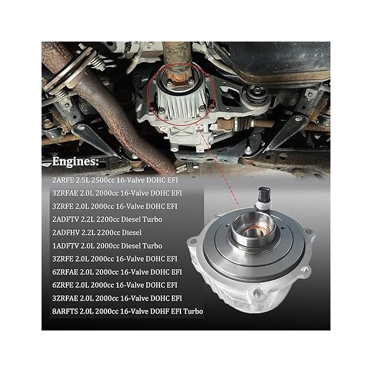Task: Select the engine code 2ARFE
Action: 63,179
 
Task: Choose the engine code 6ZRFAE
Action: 66,271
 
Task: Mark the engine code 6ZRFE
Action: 63,284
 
